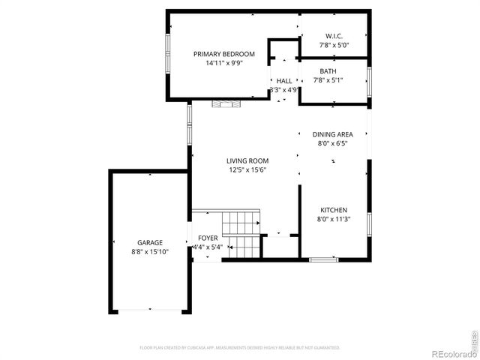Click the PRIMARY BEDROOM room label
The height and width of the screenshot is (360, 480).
[x=224, y=54]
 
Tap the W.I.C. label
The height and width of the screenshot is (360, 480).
[x=334, y=36]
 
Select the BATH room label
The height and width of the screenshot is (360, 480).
[x=328, y=71]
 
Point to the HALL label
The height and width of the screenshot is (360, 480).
[x=284, y=81]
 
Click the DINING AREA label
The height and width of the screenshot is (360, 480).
[x=332, y=134]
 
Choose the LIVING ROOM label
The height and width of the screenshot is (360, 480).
[x=247, y=160]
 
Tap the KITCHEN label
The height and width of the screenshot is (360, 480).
[x=334, y=210]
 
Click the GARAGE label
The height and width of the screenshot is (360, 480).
[x=149, y=243]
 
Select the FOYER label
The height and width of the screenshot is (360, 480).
[x=208, y=238]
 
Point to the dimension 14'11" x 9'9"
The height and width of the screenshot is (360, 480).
[x=224, y=64]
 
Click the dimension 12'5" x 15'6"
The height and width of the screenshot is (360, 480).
[x=247, y=170]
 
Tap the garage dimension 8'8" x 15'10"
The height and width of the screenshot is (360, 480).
[x=149, y=252]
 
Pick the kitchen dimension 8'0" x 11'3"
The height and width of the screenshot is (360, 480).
[x=334, y=219]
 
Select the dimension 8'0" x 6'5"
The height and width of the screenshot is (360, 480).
[x=332, y=143]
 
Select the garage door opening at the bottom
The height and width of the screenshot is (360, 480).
[x=150, y=310]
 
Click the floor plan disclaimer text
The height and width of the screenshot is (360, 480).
[x=240, y=347]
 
